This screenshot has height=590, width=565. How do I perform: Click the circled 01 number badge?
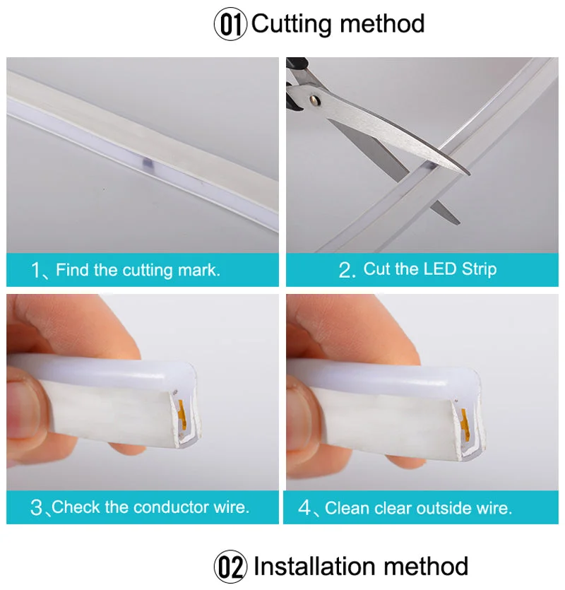coord(231,24)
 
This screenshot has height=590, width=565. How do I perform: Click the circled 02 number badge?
coord(231,567)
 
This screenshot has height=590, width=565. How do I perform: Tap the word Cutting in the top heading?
coord(292,23)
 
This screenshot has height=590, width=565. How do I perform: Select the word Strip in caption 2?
coord(479,269)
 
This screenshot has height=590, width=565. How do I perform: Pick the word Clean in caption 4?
coord(346,508)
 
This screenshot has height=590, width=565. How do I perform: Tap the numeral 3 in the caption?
coord(36,507)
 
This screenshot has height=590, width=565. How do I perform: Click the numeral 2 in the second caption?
coord(345,270)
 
